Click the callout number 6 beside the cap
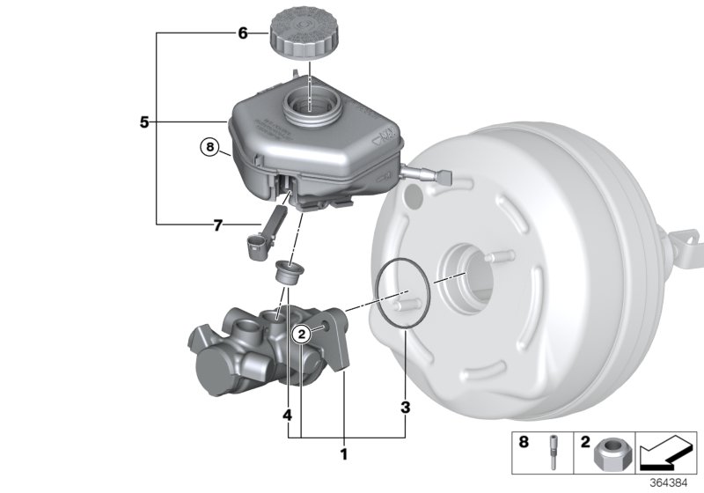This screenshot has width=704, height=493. point(243,34)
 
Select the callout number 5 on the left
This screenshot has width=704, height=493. point(144,122)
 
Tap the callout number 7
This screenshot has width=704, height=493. point(216,226)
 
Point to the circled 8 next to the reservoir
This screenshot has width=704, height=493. point(208,147)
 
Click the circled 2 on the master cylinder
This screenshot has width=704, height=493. point(302,333)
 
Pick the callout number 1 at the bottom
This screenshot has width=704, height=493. point(344,454)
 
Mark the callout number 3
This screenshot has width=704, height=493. point(405,407)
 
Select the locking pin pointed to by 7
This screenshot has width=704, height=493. point(262,237)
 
